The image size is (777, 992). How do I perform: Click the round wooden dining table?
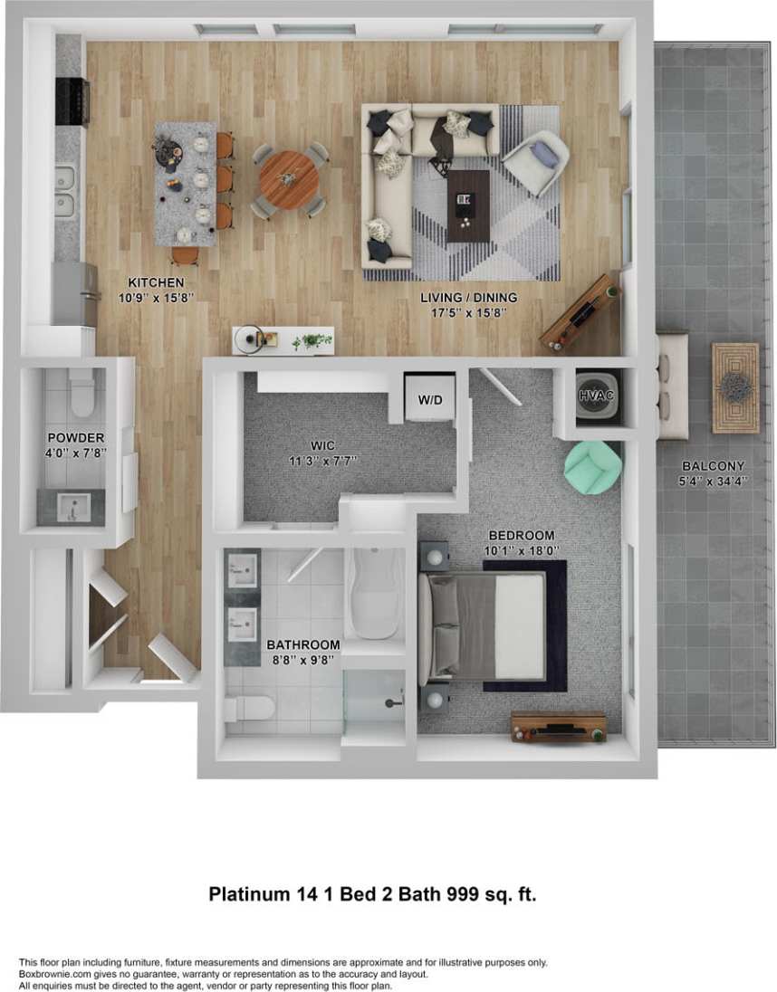pos(289,179)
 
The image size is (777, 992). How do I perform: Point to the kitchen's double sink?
pos(65,191)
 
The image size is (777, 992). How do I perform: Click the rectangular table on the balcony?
pos(734,387)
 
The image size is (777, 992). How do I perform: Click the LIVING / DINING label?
pos(468,297)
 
